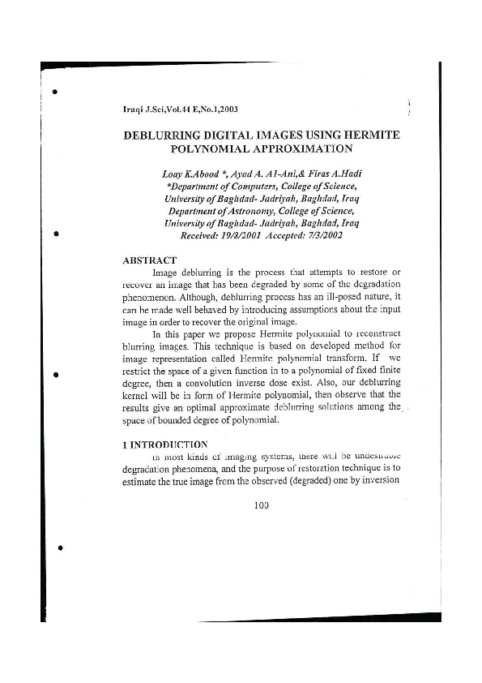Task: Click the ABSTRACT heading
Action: tap(149, 260)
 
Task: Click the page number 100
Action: tap(260, 505)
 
